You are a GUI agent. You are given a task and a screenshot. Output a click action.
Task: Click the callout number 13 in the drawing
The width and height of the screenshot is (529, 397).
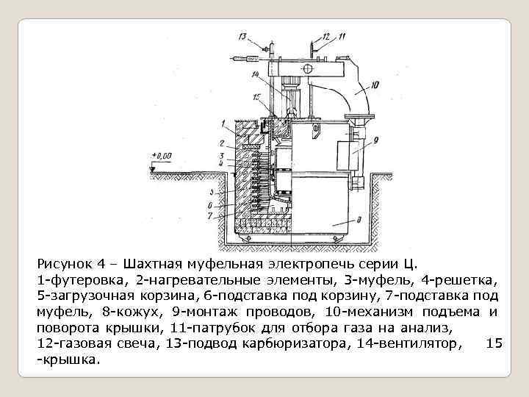242,35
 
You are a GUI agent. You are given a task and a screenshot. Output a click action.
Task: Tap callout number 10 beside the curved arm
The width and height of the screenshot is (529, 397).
375,85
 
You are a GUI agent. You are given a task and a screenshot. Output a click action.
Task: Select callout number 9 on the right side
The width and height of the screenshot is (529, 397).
375,139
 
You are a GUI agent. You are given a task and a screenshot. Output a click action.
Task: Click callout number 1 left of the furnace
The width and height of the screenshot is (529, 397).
222,122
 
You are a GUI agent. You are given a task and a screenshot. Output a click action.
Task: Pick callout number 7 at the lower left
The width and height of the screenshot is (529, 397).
211,216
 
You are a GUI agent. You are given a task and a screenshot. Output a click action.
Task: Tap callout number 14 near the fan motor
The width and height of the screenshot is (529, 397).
256,74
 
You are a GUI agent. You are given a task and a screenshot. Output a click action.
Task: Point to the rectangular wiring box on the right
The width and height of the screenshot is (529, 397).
345,155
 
